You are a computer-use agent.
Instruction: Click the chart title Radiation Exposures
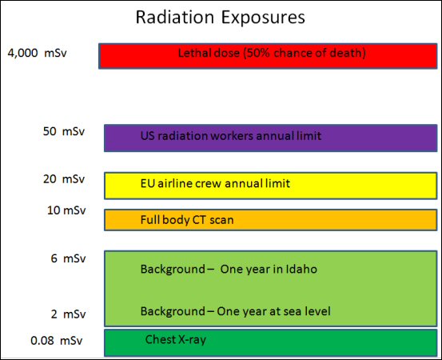pyautogui.click(x=220, y=18)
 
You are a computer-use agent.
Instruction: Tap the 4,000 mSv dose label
pyautogui.click(x=38, y=53)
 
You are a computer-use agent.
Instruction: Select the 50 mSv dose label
pyautogui.click(x=64, y=131)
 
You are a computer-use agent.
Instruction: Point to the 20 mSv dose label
pyautogui.click(x=64, y=179)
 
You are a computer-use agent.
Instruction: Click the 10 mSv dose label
pyautogui.click(x=66, y=210)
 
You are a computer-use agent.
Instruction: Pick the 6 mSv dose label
pyautogui.click(x=68, y=258)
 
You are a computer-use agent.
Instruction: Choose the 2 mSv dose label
pyautogui.click(x=68, y=314)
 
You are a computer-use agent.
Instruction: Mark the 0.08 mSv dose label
pyautogui.click(x=57, y=341)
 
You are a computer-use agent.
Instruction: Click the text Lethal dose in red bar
pyautogui.click(x=209, y=53)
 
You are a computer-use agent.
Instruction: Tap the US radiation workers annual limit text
pyautogui.click(x=231, y=136)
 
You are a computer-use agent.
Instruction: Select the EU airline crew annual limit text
pyautogui.click(x=215, y=183)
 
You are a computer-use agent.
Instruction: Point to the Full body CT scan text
pyautogui.click(x=187, y=220)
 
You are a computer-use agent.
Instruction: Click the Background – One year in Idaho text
pyautogui.click(x=229, y=269)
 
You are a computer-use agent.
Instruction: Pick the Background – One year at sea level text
pyautogui.click(x=235, y=311)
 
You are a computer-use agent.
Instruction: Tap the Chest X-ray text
pyautogui.click(x=176, y=340)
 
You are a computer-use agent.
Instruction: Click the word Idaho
pyautogui.click(x=301, y=269)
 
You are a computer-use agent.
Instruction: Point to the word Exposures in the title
pyautogui.click(x=263, y=18)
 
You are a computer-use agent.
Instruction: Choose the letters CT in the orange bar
pyautogui.click(x=199, y=220)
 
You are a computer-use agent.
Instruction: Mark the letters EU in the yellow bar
pyautogui.click(x=148, y=183)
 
